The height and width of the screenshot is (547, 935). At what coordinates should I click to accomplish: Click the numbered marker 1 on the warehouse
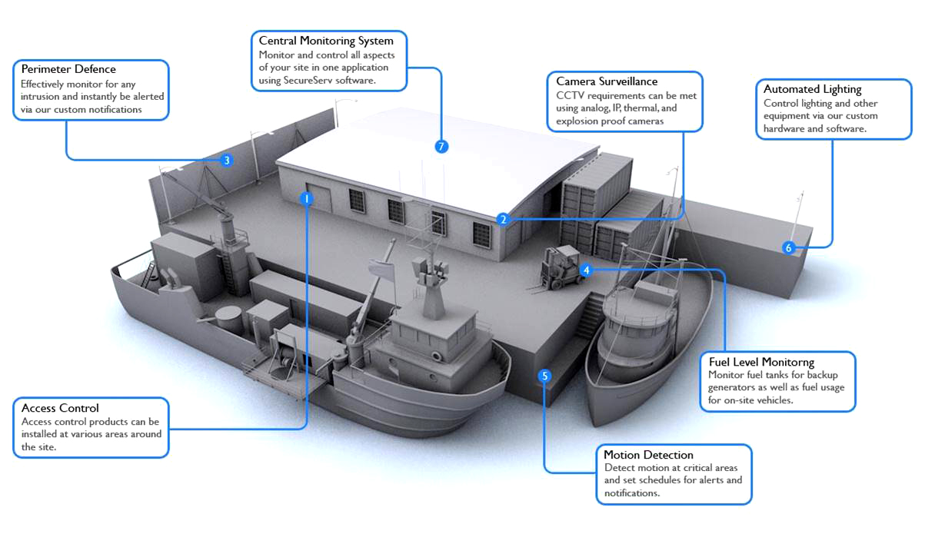(307, 198)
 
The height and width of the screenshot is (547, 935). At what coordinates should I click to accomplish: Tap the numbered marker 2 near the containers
(503, 219)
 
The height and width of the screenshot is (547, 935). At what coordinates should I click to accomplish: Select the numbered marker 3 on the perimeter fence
(226, 161)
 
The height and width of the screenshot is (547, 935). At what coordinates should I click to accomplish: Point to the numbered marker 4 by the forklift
(586, 270)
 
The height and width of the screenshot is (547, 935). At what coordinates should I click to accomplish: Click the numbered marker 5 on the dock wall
(545, 376)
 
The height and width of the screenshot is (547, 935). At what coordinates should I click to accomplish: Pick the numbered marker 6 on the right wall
(788, 247)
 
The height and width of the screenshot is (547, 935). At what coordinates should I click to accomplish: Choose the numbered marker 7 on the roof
(441, 146)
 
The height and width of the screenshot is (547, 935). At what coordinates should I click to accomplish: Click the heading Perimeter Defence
(68, 69)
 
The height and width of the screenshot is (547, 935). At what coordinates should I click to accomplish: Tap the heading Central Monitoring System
(326, 41)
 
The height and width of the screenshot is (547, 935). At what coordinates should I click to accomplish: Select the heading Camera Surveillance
(607, 81)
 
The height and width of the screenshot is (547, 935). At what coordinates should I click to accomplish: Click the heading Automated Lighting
(812, 89)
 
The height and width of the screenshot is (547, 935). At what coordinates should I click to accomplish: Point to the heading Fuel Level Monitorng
(761, 362)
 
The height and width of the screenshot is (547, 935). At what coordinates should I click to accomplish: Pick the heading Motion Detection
(648, 455)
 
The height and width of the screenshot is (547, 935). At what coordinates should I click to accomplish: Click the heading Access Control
(60, 408)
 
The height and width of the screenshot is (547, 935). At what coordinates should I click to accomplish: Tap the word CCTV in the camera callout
(569, 95)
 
